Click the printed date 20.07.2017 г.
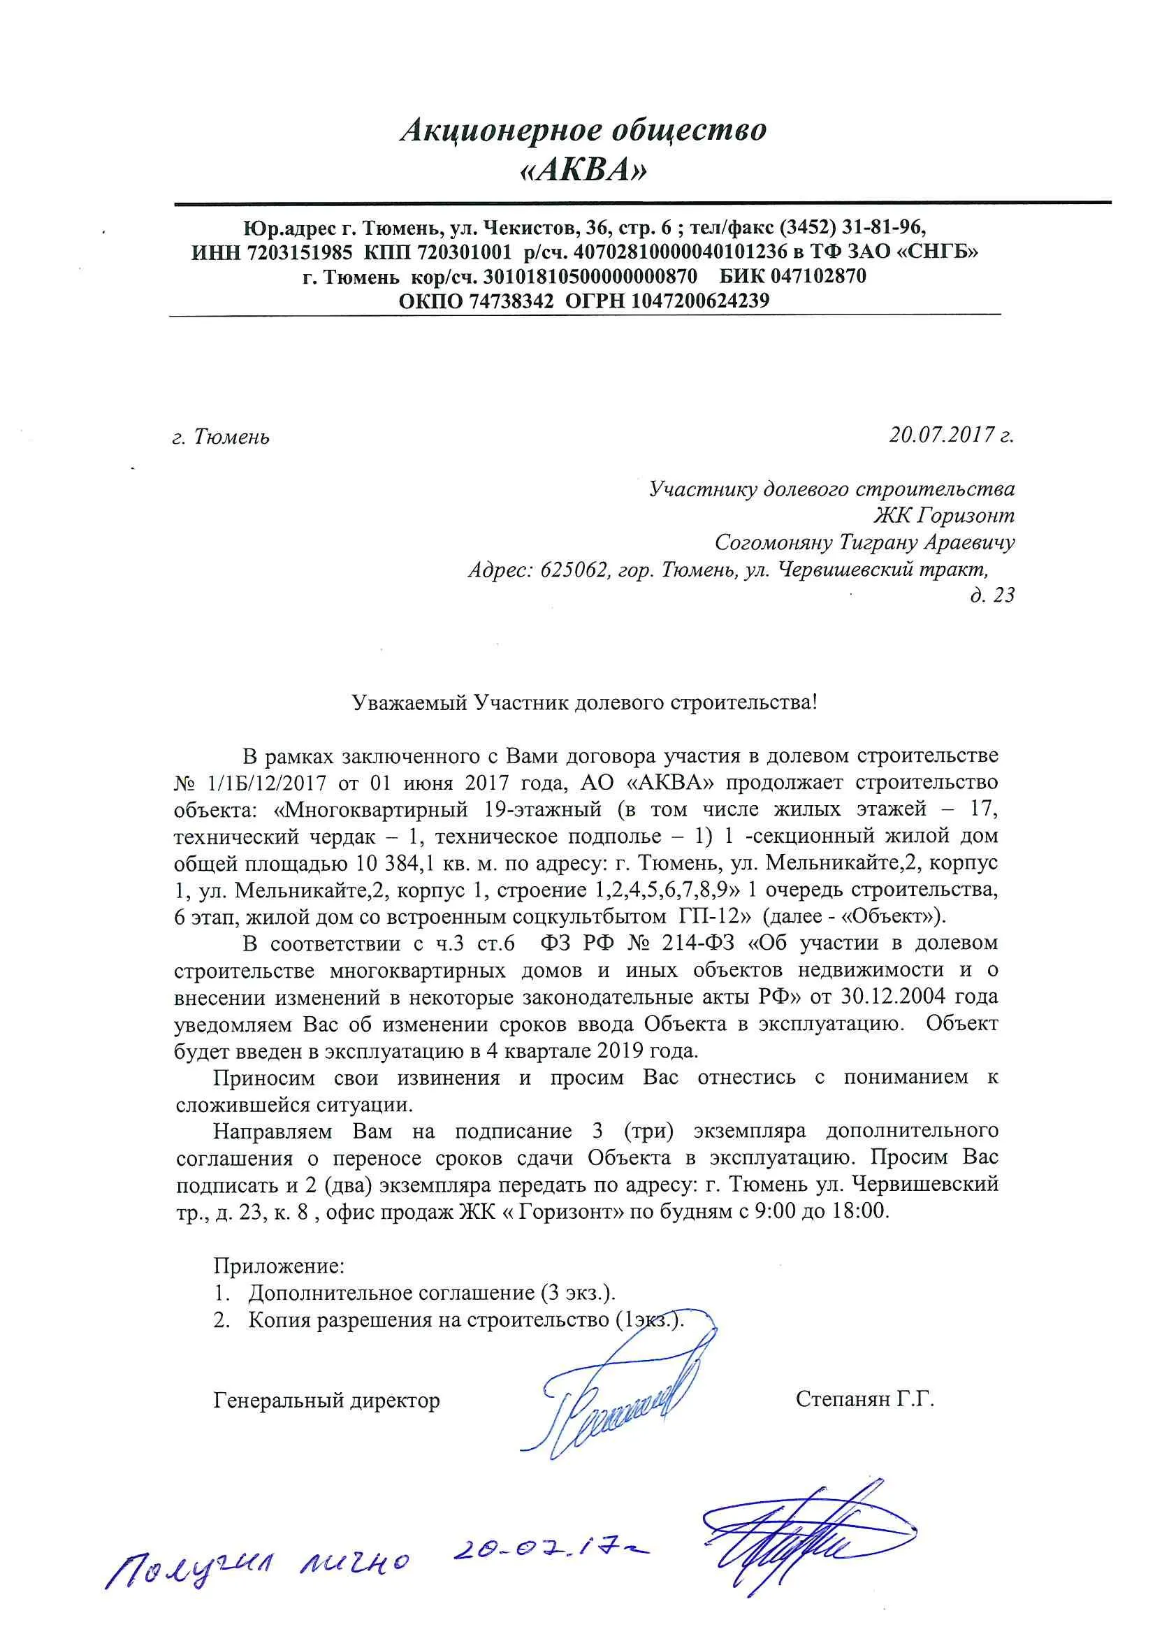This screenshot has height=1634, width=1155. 951,434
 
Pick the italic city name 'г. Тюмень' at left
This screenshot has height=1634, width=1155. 221,436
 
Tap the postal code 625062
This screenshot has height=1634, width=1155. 573,570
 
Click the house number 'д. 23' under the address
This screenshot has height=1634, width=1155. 992,594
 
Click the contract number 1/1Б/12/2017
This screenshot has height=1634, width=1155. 267,783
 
